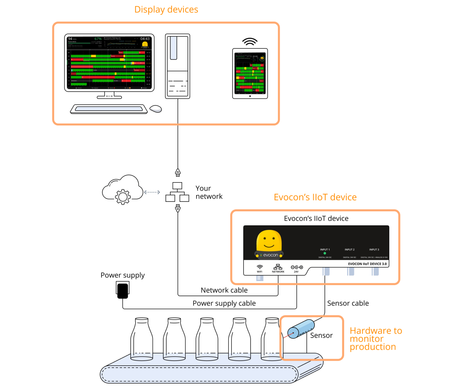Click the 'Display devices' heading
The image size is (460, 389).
coord(166,10)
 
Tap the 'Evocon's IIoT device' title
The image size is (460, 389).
coord(315,197)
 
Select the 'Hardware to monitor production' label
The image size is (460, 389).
coord(375,339)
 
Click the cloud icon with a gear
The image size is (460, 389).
coord(123,191)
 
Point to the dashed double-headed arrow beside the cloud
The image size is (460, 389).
coord(152,192)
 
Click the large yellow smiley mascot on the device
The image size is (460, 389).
coord(269,241)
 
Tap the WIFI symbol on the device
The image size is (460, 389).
coord(260,267)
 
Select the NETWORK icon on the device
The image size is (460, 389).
coord(278,267)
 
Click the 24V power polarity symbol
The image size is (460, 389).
coord(296,267)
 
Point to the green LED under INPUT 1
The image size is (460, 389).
coord(325,253)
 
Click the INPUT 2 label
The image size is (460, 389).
coord(349,250)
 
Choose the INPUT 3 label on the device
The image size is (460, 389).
coord(374,250)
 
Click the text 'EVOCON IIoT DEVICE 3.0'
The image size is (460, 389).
coord(367,264)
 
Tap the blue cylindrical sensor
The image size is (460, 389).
coord(301,329)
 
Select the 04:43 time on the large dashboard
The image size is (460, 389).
coord(145,39)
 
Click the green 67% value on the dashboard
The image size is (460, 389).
coord(98,39)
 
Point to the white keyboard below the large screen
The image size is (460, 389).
coord(109,109)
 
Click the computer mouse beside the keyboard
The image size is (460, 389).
coord(155,110)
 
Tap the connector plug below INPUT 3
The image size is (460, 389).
coord(373,272)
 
